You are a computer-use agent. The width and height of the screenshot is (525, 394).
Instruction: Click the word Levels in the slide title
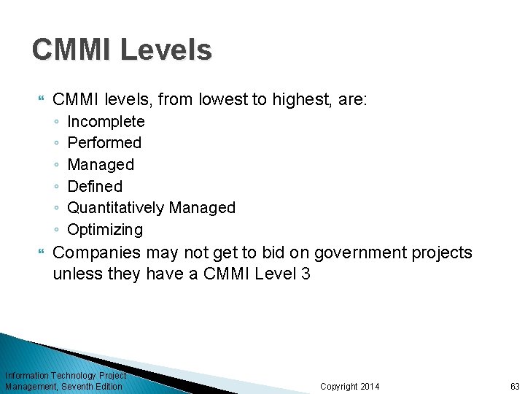pyautogui.click(x=166, y=50)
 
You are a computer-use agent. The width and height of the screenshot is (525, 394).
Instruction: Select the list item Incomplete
pyautogui.click(x=106, y=121)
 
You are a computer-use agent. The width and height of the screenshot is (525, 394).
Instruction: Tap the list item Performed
pyautogui.click(x=104, y=142)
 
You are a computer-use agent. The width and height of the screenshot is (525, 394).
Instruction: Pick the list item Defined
pyautogui.click(x=95, y=186)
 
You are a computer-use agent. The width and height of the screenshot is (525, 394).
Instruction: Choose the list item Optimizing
pyautogui.click(x=105, y=230)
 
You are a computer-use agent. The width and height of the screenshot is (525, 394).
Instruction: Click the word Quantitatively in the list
pyautogui.click(x=116, y=208)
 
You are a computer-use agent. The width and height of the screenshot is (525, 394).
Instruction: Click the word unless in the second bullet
pyautogui.click(x=73, y=274)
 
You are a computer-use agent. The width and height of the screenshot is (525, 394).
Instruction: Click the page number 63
pyautogui.click(x=515, y=387)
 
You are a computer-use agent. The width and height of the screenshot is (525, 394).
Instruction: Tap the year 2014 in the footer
pyautogui.click(x=370, y=387)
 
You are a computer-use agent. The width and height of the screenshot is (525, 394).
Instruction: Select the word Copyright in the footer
pyautogui.click(x=339, y=387)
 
